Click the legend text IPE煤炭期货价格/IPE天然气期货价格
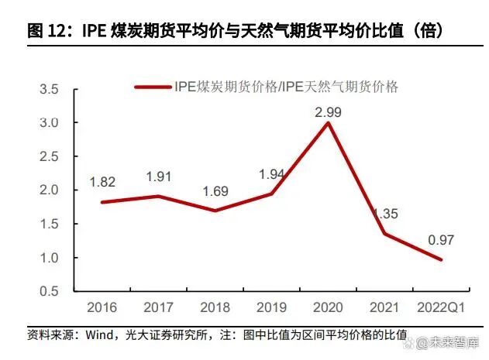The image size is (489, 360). coord(286,87)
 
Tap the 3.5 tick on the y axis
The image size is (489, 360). coord(49,90)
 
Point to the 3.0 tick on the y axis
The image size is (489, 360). coord(49,123)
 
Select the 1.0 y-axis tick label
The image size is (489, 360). coord(49,258)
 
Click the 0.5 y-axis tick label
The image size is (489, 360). coord(49,291)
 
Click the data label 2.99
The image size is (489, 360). coord(329,112)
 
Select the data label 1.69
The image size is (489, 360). coord(215,190)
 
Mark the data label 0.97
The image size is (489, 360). coord(440,241)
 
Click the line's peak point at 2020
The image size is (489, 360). coord(329,123)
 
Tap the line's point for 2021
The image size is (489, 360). coord(385,234)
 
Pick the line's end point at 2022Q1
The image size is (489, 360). coord(441,259)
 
